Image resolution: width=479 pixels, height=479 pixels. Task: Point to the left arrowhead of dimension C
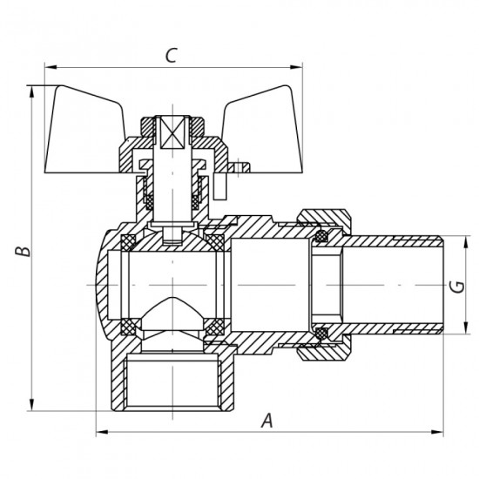[x=48, y=66]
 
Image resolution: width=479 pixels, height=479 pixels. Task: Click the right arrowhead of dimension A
[x=442, y=431]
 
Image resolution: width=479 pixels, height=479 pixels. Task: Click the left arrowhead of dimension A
[x=98, y=431]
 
